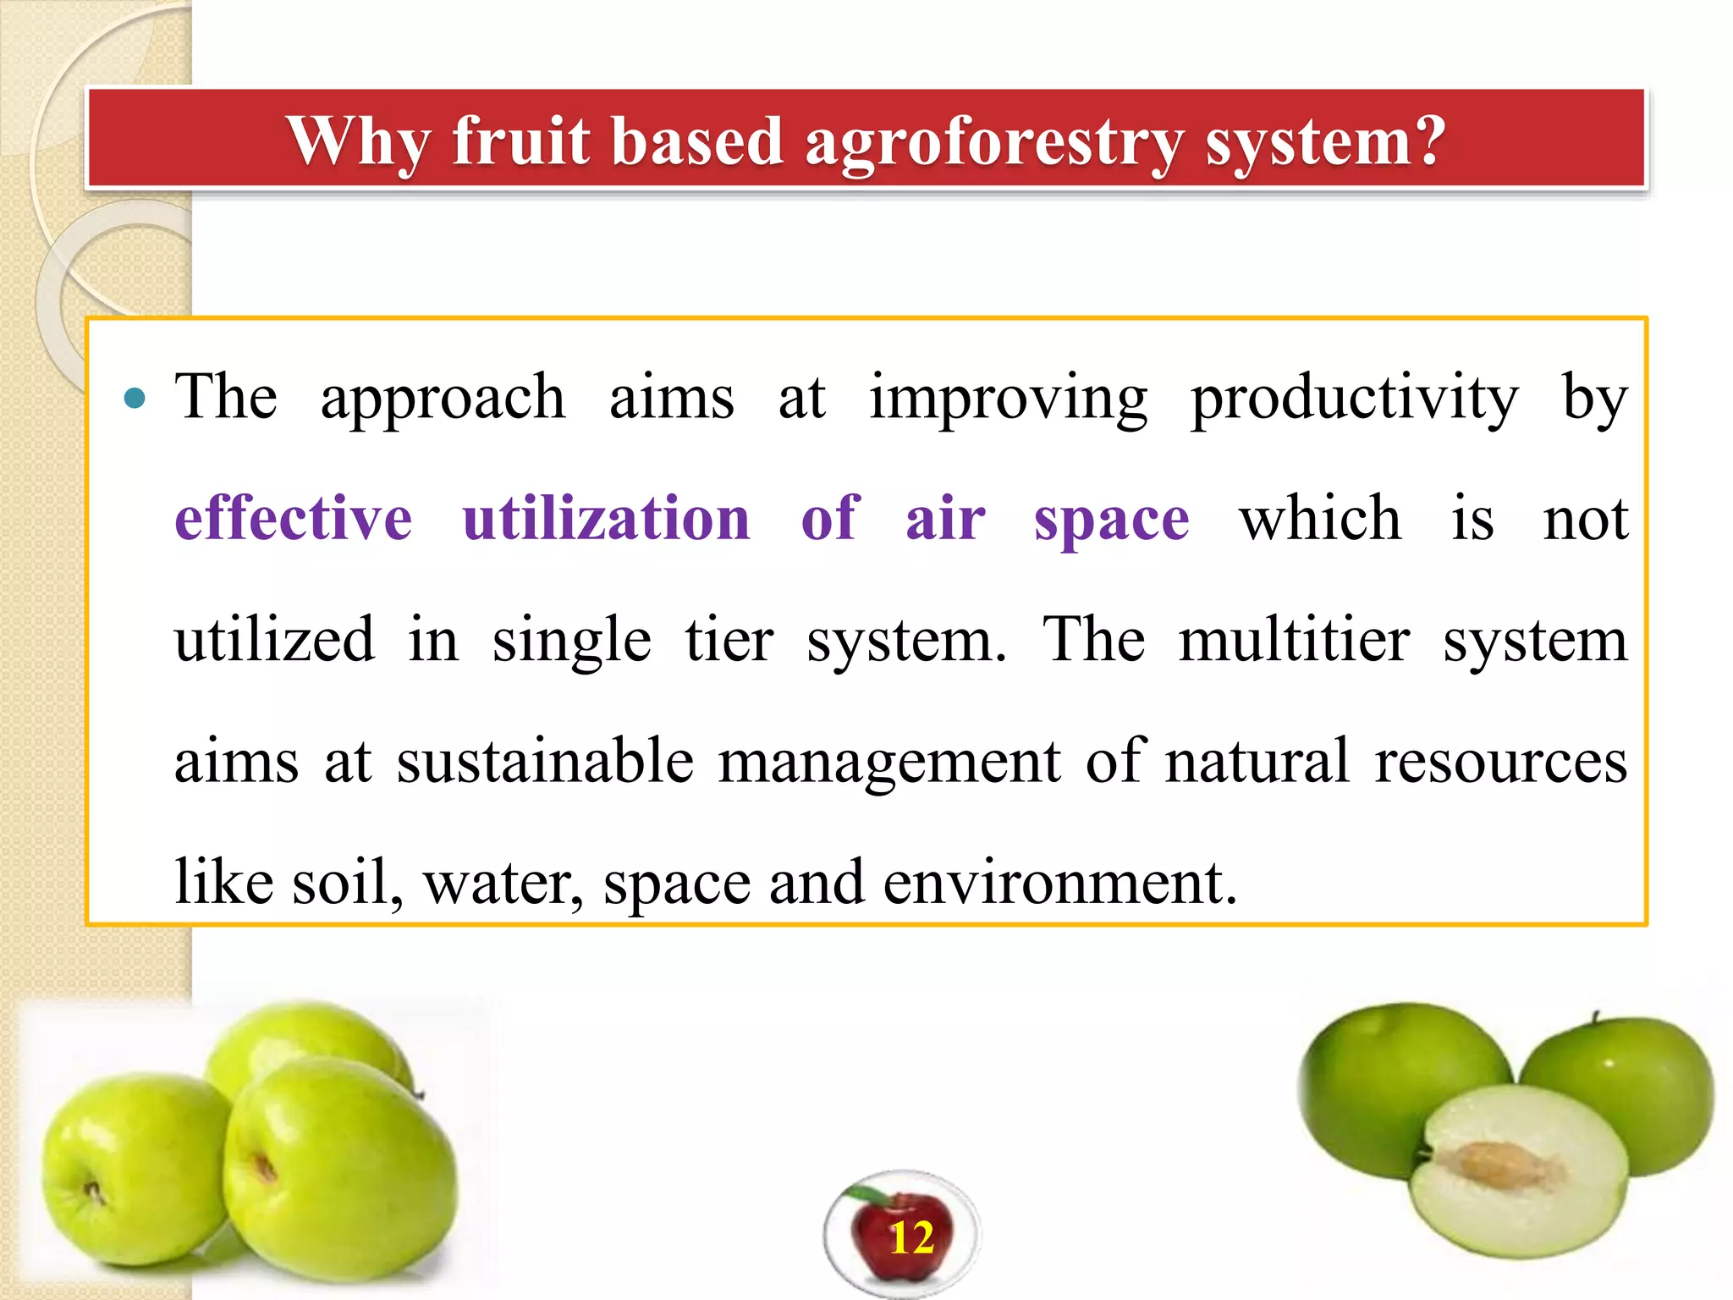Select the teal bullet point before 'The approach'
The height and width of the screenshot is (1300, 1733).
point(135,398)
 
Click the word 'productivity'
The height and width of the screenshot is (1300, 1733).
point(1354,398)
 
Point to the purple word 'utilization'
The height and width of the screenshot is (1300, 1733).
point(606,518)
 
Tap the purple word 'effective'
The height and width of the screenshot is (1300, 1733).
point(293,518)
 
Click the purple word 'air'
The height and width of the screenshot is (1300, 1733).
point(945,518)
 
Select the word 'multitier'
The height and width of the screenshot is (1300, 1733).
point(1295,640)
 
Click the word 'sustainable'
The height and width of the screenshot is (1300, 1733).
point(545,761)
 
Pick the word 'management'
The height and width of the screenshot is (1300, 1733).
point(889,761)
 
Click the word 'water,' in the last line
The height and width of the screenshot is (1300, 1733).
point(503,883)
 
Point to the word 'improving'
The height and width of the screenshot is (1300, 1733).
point(1008,398)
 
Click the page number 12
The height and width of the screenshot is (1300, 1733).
point(911,1238)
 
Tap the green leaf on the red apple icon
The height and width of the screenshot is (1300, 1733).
point(866,1195)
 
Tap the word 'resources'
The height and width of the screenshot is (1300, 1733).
point(1500,761)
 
